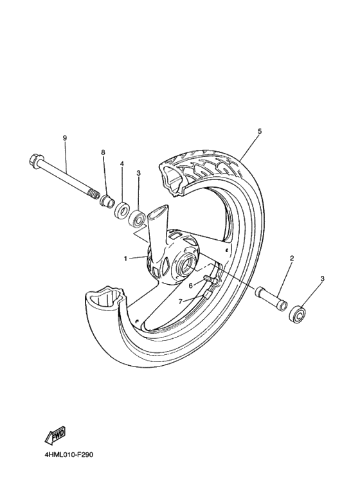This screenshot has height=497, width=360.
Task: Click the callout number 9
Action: click(65, 138)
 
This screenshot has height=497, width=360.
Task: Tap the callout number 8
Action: click(103, 152)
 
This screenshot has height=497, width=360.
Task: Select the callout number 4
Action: click(122, 164)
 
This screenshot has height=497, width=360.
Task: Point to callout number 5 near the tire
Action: click(259, 131)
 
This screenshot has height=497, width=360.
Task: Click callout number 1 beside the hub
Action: click(127, 258)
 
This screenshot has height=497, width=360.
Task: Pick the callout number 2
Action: click(291, 258)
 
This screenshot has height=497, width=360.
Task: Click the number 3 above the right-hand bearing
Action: click(323, 278)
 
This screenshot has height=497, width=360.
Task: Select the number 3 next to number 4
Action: click(138, 174)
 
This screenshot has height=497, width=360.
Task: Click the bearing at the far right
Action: click(298, 314)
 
